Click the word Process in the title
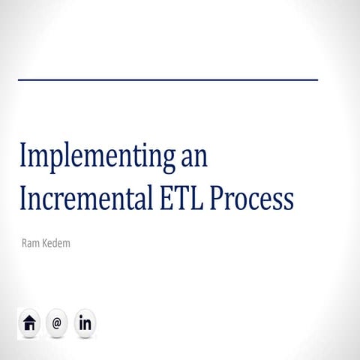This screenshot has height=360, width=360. (x=250, y=199)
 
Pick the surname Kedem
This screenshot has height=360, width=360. (x=58, y=243)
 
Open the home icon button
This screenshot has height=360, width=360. (x=29, y=324)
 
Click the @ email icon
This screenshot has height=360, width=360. (x=57, y=324)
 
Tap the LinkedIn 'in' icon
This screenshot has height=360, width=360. (x=85, y=324)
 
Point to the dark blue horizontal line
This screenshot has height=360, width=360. (x=167, y=79)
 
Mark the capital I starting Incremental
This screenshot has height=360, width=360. (x=22, y=199)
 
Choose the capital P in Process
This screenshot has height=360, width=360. (x=216, y=199)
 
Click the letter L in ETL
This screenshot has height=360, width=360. (x=193, y=199)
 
